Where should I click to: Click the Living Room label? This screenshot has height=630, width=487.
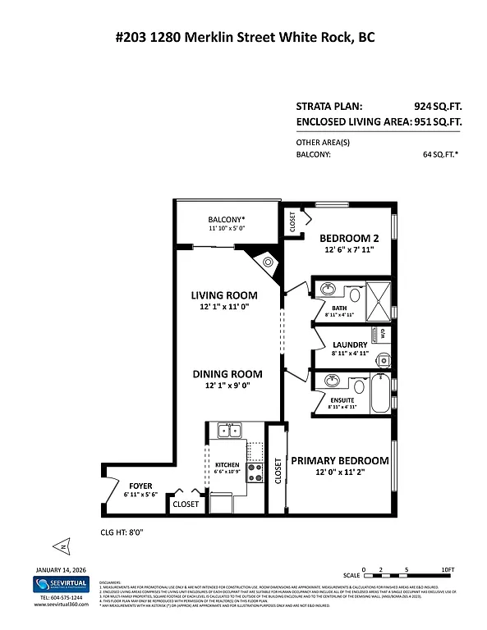(224, 295)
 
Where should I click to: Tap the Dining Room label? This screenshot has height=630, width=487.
(227, 374)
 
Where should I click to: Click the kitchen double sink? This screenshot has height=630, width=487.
(229, 431)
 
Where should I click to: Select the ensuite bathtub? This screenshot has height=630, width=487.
(381, 395)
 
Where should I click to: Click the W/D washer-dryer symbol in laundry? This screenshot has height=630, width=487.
(382, 334)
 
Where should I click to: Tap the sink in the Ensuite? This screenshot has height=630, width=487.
(333, 381)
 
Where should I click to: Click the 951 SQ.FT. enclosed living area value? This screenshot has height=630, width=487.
(438, 121)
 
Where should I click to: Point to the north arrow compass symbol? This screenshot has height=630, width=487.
(60, 546)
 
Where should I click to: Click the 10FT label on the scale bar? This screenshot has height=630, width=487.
(447, 570)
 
